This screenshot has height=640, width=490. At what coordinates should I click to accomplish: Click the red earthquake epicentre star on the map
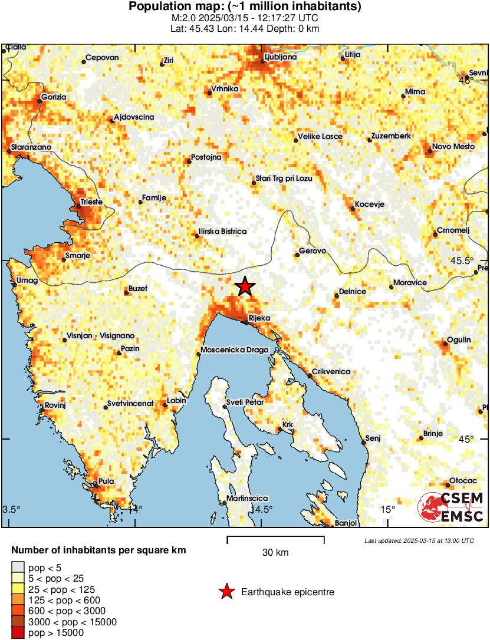(x=245, y=287)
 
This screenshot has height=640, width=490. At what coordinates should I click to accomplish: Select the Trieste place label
(x=91, y=202)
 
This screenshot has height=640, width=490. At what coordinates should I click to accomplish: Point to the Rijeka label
(x=259, y=318)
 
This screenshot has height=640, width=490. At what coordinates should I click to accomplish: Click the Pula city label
(x=106, y=481)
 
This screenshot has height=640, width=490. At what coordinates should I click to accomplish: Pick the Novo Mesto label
(x=453, y=147)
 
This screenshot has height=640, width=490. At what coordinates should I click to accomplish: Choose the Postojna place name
(x=206, y=157)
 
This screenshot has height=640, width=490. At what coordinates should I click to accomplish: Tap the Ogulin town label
(x=459, y=340)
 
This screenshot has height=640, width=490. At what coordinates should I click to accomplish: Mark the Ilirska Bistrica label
(x=222, y=232)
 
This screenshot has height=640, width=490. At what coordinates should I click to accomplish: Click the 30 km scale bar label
(x=275, y=552)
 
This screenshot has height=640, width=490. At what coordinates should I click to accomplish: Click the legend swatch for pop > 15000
(x=18, y=633)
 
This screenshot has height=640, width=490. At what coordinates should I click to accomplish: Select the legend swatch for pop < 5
(x=18, y=567)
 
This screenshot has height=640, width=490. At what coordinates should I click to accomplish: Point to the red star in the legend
(x=226, y=592)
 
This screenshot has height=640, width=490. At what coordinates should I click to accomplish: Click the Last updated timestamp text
(x=419, y=540)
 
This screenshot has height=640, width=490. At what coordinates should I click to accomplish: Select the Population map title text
(x=245, y=7)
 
